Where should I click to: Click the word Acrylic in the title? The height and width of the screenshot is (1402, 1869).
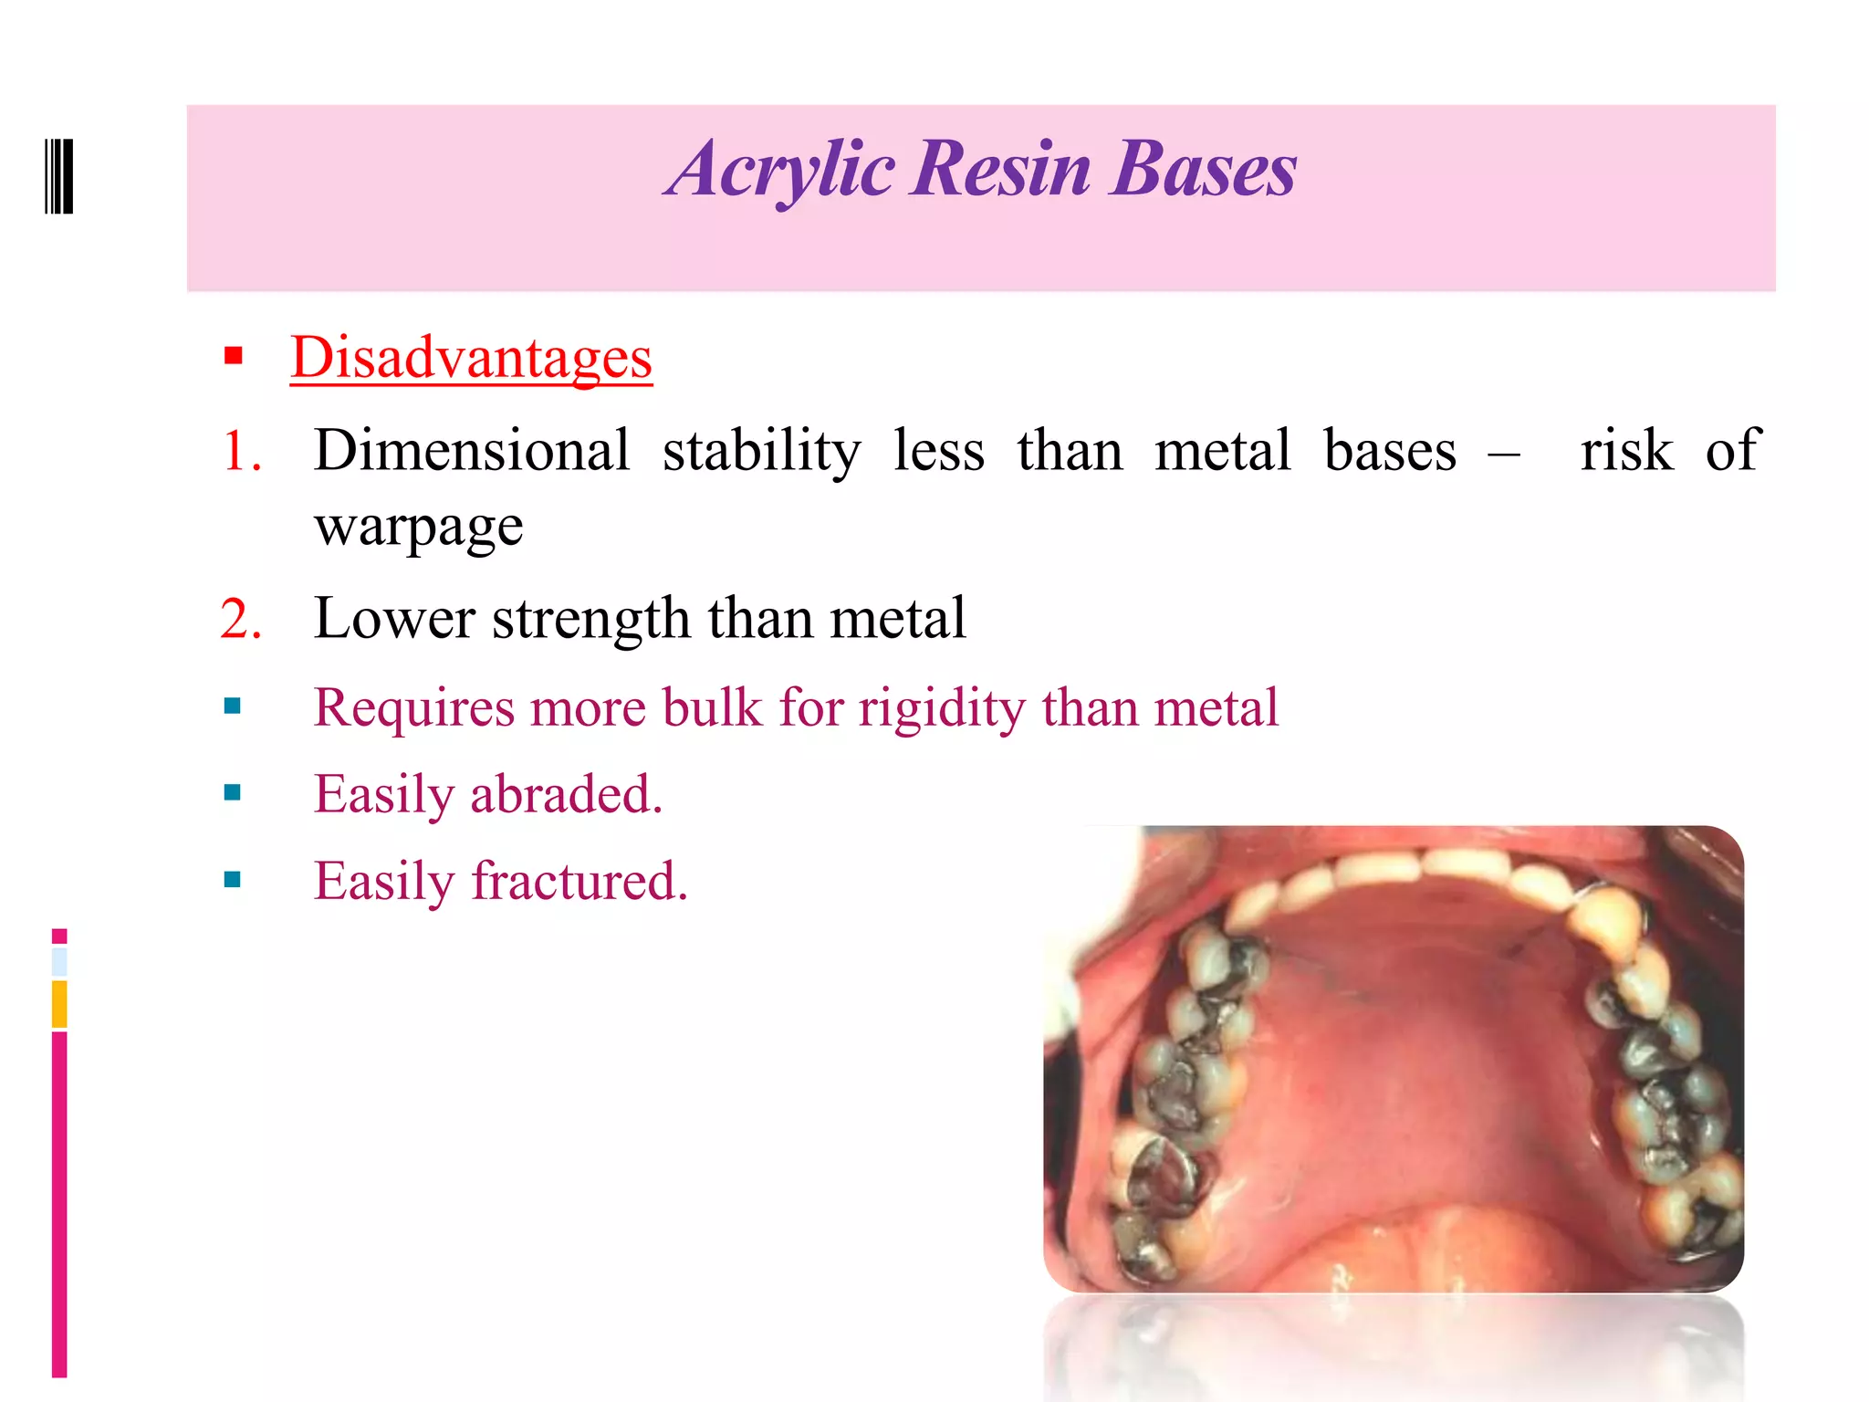780,170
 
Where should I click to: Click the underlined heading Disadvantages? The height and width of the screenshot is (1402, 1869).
471,357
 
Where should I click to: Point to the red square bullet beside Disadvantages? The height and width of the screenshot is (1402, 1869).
234,355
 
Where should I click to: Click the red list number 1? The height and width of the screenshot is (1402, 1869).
241,451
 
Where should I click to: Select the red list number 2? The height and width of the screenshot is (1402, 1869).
241,619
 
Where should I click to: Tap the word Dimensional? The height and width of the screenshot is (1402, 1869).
472,450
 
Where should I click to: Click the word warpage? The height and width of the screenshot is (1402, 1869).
419,527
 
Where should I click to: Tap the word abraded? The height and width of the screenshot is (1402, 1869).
566,794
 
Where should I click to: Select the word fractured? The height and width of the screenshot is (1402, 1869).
579,882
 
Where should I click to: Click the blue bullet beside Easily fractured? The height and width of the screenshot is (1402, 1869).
233,880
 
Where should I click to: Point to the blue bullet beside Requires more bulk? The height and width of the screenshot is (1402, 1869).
233,706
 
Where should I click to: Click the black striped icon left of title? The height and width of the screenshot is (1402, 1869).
59,176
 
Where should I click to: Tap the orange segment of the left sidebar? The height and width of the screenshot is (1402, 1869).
59,1004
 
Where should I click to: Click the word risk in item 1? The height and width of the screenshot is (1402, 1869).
1626,450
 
